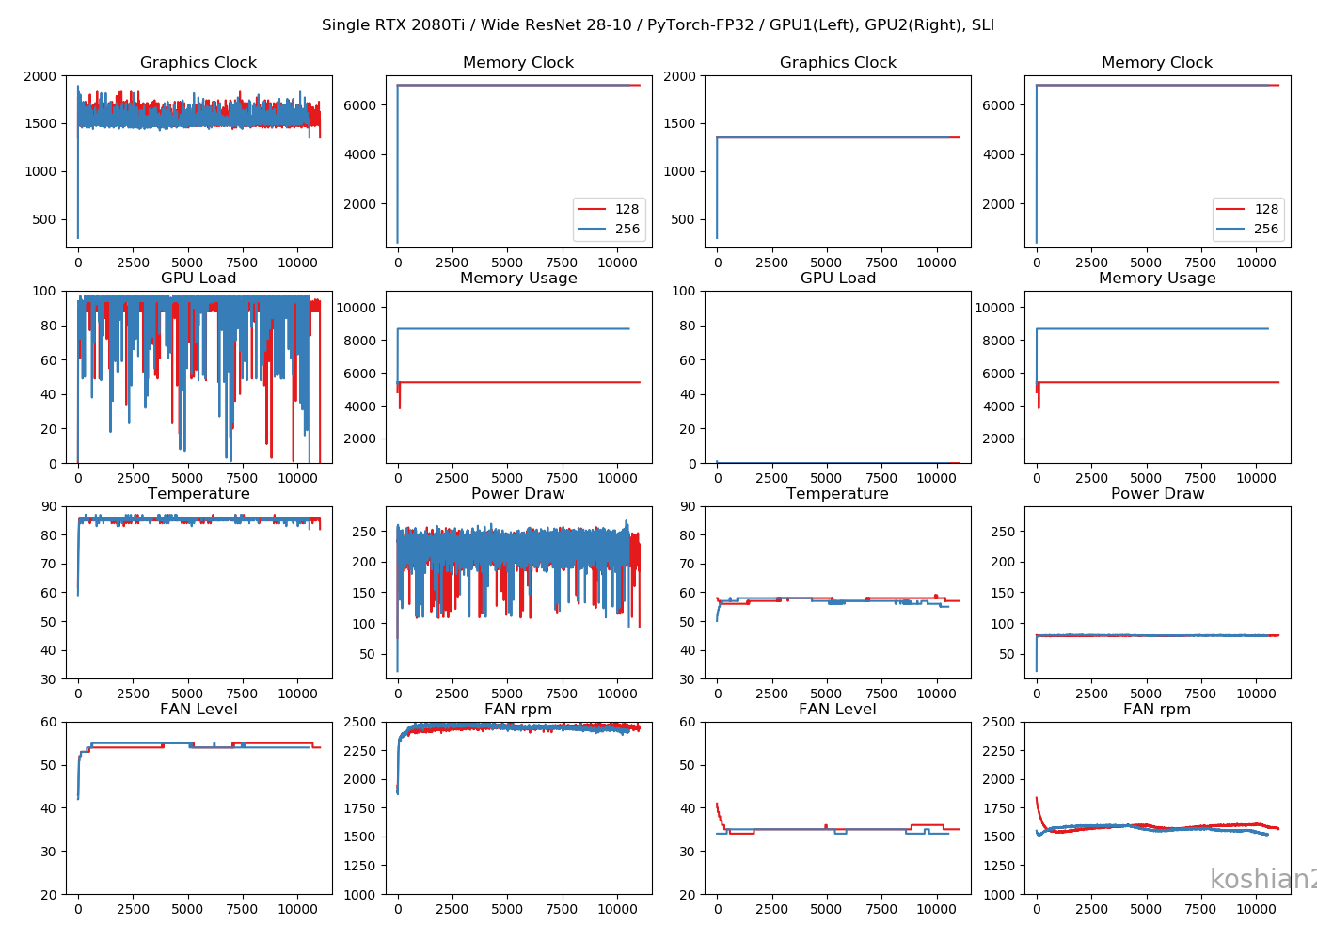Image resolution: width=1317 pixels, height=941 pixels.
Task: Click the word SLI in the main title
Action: coord(981,25)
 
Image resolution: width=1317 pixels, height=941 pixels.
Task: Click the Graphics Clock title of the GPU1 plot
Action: coord(198,63)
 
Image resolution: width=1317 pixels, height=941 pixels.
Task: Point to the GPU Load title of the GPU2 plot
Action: coord(837,279)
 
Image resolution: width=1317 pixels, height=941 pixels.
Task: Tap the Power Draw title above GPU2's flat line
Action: coord(1157,494)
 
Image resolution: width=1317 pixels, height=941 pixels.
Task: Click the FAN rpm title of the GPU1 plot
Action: coord(518,710)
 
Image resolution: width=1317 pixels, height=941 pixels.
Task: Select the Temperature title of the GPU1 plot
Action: coord(198,494)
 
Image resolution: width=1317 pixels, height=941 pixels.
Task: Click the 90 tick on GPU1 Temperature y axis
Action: coord(49,506)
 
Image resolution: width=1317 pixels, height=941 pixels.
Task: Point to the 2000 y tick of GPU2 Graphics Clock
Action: coord(679,76)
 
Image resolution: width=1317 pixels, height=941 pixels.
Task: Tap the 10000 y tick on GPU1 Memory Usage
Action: coord(357,308)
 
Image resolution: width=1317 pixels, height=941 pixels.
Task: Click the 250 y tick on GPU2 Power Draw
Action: coord(1003,532)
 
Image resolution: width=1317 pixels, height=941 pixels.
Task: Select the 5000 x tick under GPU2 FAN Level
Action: coord(826,909)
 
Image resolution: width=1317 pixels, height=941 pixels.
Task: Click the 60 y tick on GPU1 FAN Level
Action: coord(49,722)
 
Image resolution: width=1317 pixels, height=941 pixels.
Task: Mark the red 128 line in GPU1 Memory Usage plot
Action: coord(517,382)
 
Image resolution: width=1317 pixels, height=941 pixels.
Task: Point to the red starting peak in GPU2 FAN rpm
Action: coord(1037,799)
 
